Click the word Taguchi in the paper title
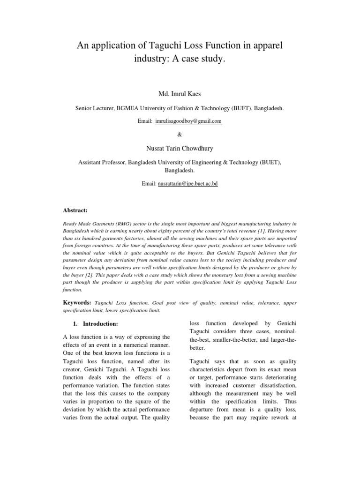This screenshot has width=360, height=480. (x=155, y=45)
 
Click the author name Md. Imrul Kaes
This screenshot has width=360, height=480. (x=180, y=94)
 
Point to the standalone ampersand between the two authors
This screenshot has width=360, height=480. (x=180, y=135)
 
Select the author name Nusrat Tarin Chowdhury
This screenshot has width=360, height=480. (x=180, y=149)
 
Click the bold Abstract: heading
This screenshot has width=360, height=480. (x=75, y=210)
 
